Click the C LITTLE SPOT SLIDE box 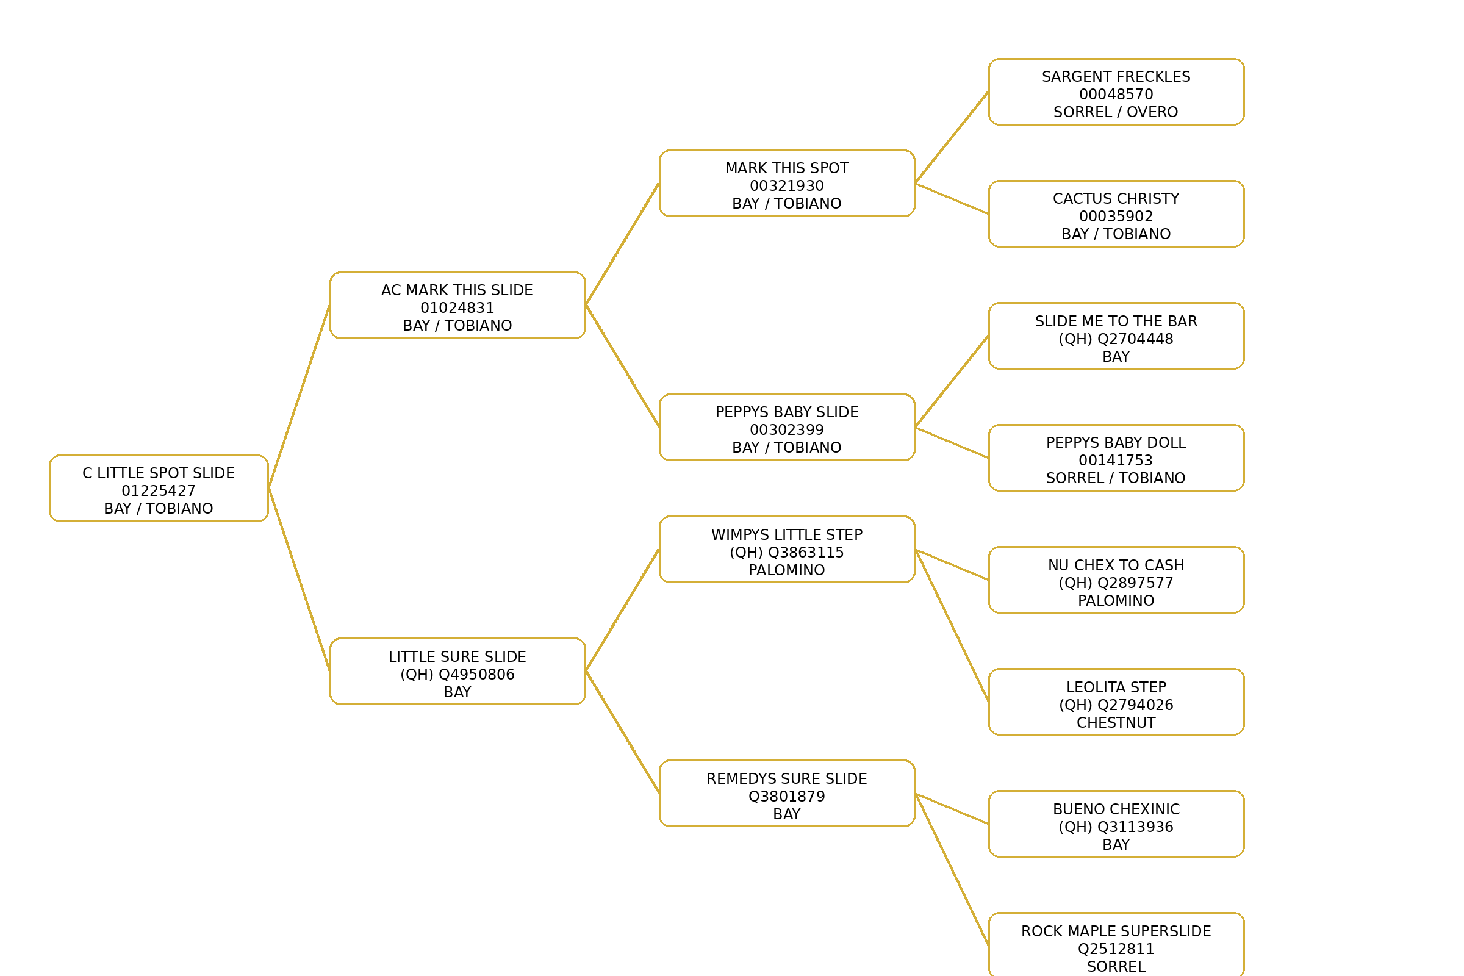[x=159, y=489]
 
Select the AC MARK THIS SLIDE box [x=457, y=306]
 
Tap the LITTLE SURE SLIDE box [x=457, y=672]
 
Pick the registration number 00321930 [x=787, y=186]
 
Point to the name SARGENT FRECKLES [x=1116, y=77]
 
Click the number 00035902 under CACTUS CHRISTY [x=1116, y=217]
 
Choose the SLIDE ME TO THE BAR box [x=1116, y=336]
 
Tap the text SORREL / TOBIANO [x=1116, y=478]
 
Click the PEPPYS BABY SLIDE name [x=787, y=412]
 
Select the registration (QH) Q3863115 [x=787, y=553]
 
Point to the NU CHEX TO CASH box [x=1116, y=580]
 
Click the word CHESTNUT [x=1116, y=723]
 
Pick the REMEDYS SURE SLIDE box [x=787, y=794]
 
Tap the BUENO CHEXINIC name [x=1116, y=809]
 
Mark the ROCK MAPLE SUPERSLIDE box [x=1116, y=946]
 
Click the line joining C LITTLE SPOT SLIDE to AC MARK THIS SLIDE [x=299, y=397]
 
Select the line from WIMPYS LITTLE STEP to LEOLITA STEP [x=952, y=626]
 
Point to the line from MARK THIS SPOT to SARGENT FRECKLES [x=952, y=138]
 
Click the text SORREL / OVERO [x=1116, y=112]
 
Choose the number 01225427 [x=159, y=491]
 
